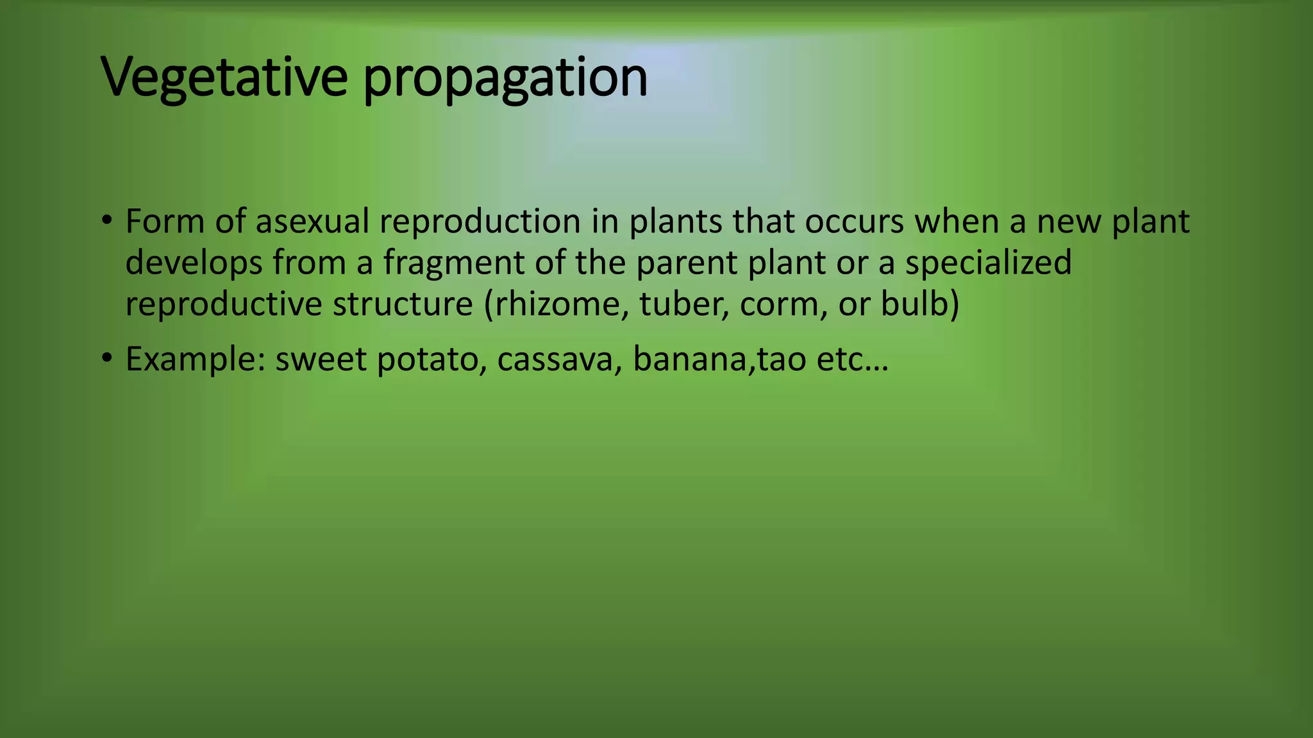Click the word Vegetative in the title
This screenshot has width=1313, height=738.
224,78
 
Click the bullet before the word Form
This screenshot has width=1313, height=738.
106,222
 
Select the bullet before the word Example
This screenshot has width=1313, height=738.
106,359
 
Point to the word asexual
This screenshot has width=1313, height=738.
312,222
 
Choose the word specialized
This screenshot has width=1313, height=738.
988,263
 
